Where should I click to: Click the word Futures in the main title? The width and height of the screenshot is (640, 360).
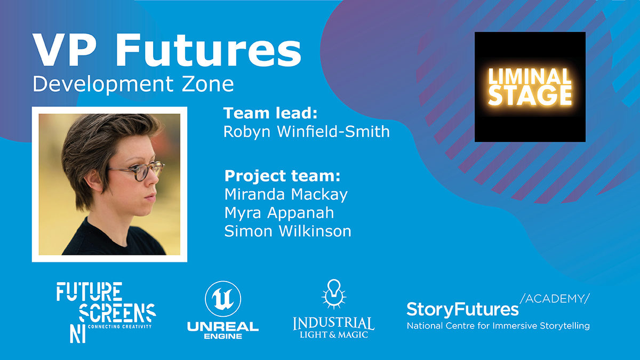(x=208, y=50)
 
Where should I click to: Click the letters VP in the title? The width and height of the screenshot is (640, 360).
(x=63, y=50)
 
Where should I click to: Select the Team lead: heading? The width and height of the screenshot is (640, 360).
(x=270, y=113)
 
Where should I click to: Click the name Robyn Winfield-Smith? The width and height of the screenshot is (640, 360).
(x=307, y=132)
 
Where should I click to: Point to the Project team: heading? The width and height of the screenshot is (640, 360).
(x=282, y=175)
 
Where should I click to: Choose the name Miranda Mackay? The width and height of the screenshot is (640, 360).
(x=286, y=195)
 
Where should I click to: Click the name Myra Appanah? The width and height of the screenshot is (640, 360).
(x=279, y=213)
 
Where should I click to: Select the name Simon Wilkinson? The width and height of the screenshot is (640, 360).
(x=287, y=231)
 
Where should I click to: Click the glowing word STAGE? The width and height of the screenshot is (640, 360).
(x=530, y=95)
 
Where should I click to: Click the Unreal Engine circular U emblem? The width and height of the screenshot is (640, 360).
(x=223, y=299)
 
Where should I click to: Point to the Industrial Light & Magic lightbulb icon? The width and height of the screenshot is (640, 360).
(x=334, y=294)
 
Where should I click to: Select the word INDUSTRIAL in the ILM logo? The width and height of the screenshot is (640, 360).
(x=333, y=323)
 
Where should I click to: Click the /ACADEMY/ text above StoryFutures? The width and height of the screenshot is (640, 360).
(x=555, y=299)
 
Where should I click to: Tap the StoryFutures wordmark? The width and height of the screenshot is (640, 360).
(x=462, y=310)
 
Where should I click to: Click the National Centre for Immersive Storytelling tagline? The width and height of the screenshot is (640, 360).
(x=498, y=326)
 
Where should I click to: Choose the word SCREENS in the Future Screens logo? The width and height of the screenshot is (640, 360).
(x=117, y=313)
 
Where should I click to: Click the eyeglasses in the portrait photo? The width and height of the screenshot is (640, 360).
(x=137, y=171)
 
